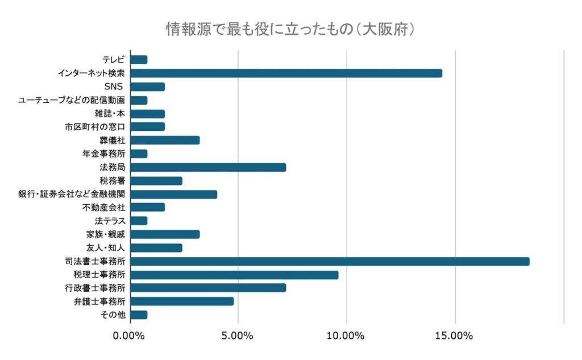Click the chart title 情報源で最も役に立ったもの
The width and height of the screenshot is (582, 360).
click(290, 28)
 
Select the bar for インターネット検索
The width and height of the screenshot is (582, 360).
click(286, 73)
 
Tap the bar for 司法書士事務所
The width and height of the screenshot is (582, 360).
click(330, 261)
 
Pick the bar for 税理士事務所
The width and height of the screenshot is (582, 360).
click(234, 275)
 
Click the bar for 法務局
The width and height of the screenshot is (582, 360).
click(208, 167)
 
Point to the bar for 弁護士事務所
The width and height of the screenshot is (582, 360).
click(182, 301)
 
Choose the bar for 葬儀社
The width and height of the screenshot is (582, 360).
click(165, 140)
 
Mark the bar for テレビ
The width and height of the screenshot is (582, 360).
click(139, 59)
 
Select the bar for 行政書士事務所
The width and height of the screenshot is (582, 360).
click(208, 288)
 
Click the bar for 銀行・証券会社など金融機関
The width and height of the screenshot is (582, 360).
click(173, 194)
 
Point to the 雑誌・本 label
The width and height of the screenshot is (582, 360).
click(110, 113)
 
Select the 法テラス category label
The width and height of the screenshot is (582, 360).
click(110, 221)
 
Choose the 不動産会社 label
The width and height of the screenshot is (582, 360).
click(103, 207)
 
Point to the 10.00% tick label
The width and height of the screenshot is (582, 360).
click(346, 336)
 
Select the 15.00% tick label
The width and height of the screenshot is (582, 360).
click(455, 336)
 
